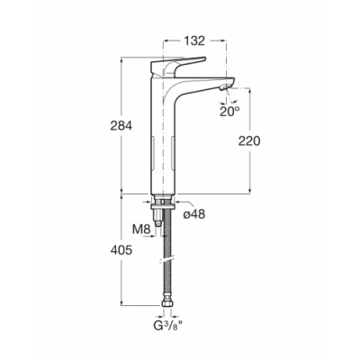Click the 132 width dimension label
(194, 40)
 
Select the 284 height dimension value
(121, 126)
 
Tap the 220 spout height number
(249, 141)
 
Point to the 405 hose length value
(121, 250)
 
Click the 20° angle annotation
(229, 112)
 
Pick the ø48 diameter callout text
(194, 214)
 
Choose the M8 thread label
(141, 229)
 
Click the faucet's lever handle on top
(178, 65)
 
